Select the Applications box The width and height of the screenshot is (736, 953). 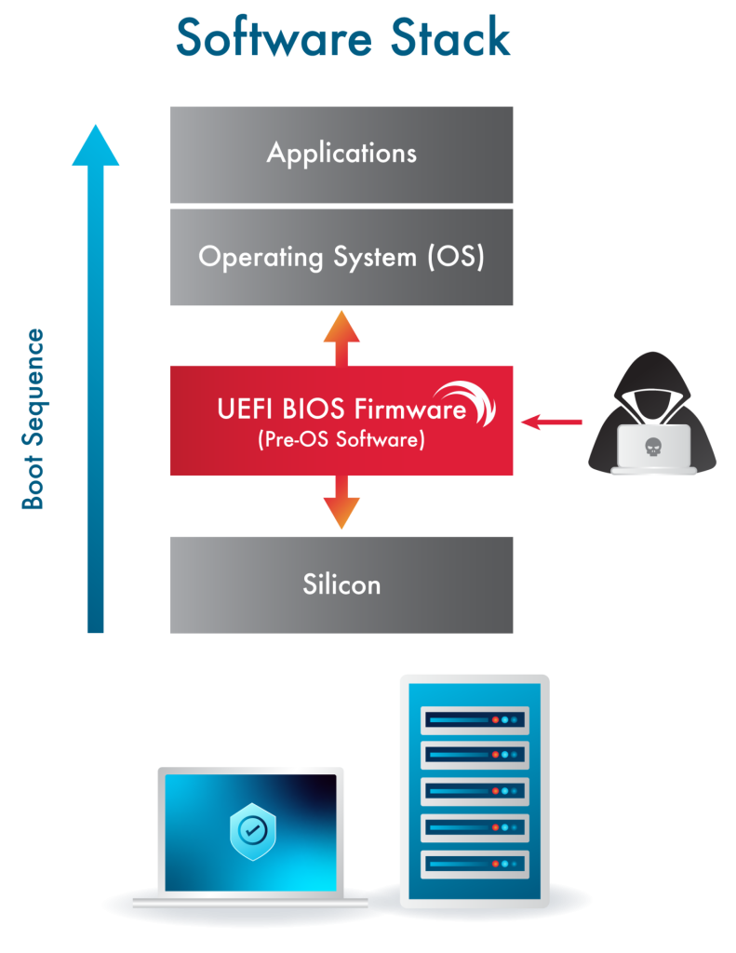(341, 154)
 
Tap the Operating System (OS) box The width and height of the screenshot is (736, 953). (341, 257)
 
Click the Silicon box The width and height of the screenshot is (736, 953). (341, 584)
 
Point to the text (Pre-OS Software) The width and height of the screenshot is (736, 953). (341, 440)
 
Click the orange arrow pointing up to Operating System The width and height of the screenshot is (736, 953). (341, 335)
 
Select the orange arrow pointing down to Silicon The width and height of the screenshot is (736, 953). (341, 503)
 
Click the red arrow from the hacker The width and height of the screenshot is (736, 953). (551, 423)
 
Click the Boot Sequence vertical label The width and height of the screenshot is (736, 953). (33, 419)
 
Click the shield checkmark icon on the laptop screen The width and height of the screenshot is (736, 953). (251, 830)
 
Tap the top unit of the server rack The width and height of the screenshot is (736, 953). (475, 719)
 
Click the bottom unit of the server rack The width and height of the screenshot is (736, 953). (475, 861)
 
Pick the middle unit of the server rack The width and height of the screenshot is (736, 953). (475, 791)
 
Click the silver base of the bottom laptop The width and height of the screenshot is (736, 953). (251, 902)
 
